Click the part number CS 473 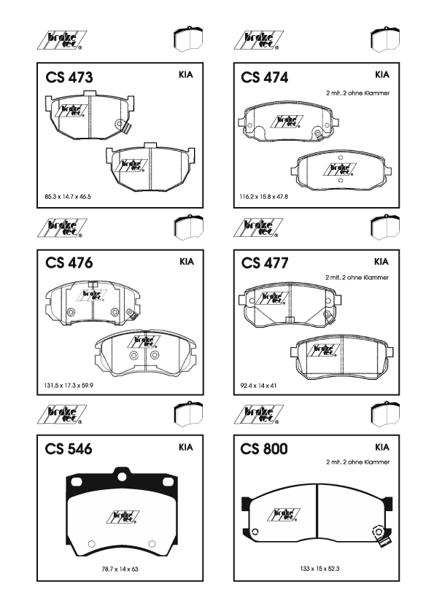(69, 77)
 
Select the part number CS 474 (264, 77)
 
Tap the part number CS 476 (69, 263)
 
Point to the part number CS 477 (265, 263)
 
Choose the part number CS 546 (69, 448)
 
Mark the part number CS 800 (264, 448)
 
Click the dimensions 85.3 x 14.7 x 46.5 (68, 197)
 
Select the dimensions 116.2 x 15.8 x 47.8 (263, 197)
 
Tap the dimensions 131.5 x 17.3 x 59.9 (69, 385)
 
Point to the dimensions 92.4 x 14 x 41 (258, 385)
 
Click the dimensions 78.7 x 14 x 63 (120, 569)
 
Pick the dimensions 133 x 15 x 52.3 (319, 568)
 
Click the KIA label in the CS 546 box (186, 447)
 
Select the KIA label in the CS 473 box (186, 74)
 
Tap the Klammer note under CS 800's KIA (357, 462)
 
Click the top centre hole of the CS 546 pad (123, 476)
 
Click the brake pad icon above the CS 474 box (385, 39)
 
